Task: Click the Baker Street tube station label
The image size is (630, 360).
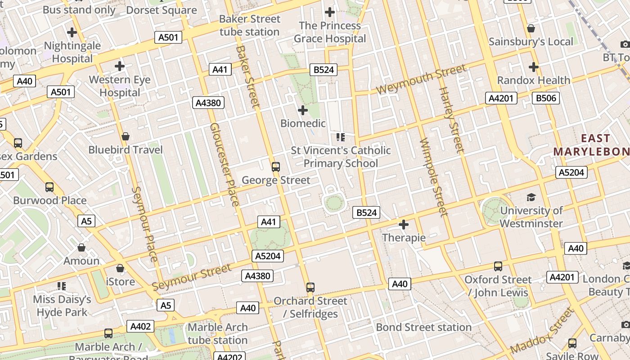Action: (249, 26)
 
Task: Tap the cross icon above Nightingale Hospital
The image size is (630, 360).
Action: (72, 32)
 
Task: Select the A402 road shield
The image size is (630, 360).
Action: (140, 326)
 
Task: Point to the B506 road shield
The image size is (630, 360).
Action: (545, 98)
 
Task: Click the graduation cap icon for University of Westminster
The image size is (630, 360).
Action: (531, 198)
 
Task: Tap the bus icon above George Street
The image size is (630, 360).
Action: (276, 167)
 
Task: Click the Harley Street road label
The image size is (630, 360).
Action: (451, 120)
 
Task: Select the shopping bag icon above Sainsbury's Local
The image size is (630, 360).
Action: (531, 28)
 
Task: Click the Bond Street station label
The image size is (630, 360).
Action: (423, 327)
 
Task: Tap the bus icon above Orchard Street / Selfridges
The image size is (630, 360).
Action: (310, 288)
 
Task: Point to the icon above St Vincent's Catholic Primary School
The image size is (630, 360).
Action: (340, 137)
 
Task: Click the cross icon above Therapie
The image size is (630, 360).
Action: (404, 224)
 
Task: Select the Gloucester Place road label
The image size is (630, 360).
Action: (224, 164)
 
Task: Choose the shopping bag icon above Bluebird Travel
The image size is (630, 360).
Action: (126, 136)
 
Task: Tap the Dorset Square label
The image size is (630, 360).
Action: (161, 10)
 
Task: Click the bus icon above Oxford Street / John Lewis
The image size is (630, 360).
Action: (498, 266)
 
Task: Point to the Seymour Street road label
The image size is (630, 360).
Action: (192, 277)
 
